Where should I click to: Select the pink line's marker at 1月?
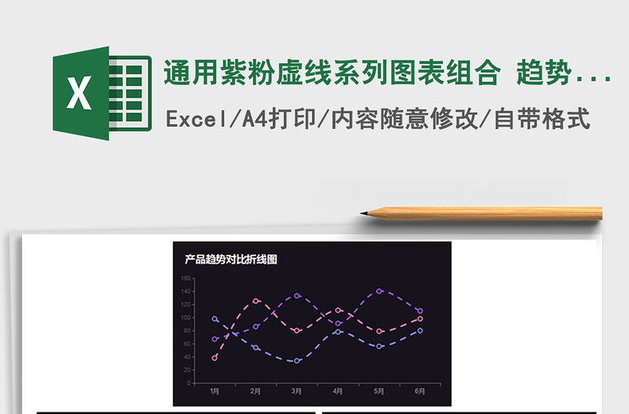tap(215, 357)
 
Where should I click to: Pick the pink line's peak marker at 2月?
tap(256, 301)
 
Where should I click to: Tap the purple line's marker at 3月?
tap(297, 296)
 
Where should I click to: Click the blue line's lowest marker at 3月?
tap(297, 360)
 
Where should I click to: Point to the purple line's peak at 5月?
tap(380, 290)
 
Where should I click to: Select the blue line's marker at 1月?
tap(215, 319)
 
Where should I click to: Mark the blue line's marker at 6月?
tap(421, 331)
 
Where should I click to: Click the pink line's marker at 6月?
tap(421, 319)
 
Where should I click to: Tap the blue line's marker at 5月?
tap(380, 346)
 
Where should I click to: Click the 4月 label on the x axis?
tap(338, 390)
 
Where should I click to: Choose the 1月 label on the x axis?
tap(215, 390)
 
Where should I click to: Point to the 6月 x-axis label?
tap(421, 390)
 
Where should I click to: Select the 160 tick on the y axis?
tap(185, 278)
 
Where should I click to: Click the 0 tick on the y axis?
tap(188, 383)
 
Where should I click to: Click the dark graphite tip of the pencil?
tap(364, 213)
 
